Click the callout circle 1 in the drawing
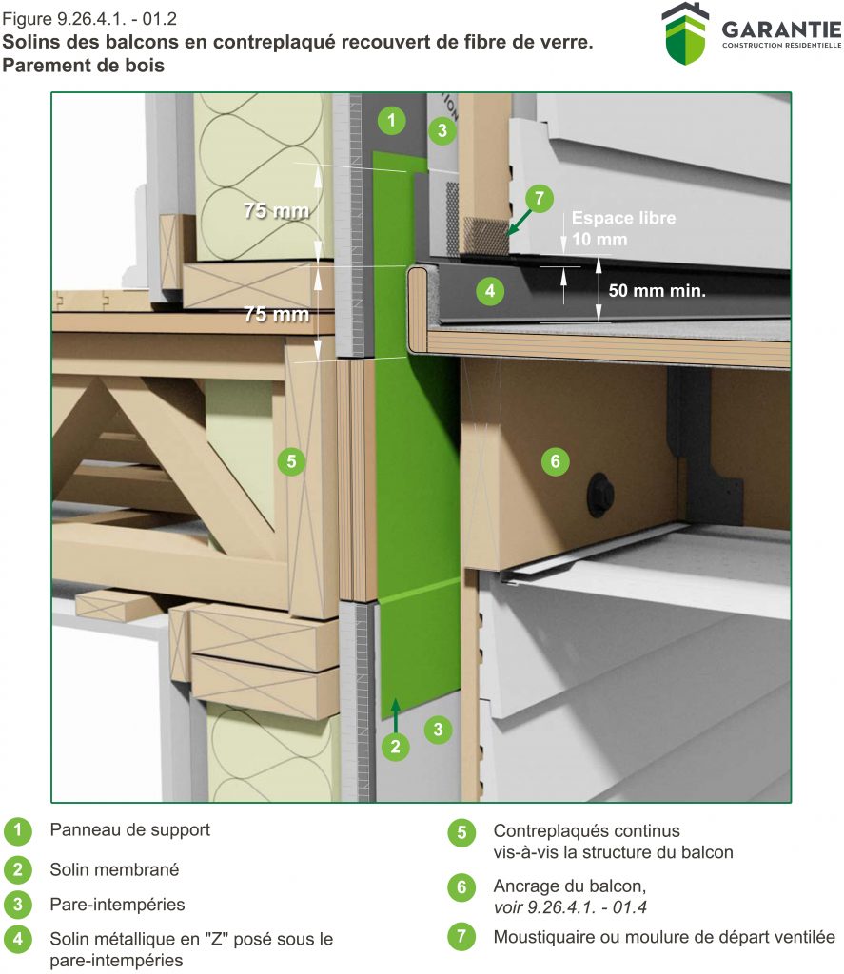pos(391,121)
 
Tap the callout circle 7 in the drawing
pos(539,199)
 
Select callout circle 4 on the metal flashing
pos(489,290)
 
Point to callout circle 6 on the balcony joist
pos(555,462)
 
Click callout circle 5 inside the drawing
pos(291,462)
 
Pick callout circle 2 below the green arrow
pos(396,747)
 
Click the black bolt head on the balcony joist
pos(601,481)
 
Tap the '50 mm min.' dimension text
pos(658,291)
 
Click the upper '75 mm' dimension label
pos(275,211)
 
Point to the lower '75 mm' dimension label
pos(275,314)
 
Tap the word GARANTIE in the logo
pos(780,29)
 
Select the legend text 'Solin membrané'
pos(114,869)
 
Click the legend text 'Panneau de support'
pos(130,829)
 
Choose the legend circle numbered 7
pos(461,937)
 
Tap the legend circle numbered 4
pos(17,939)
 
